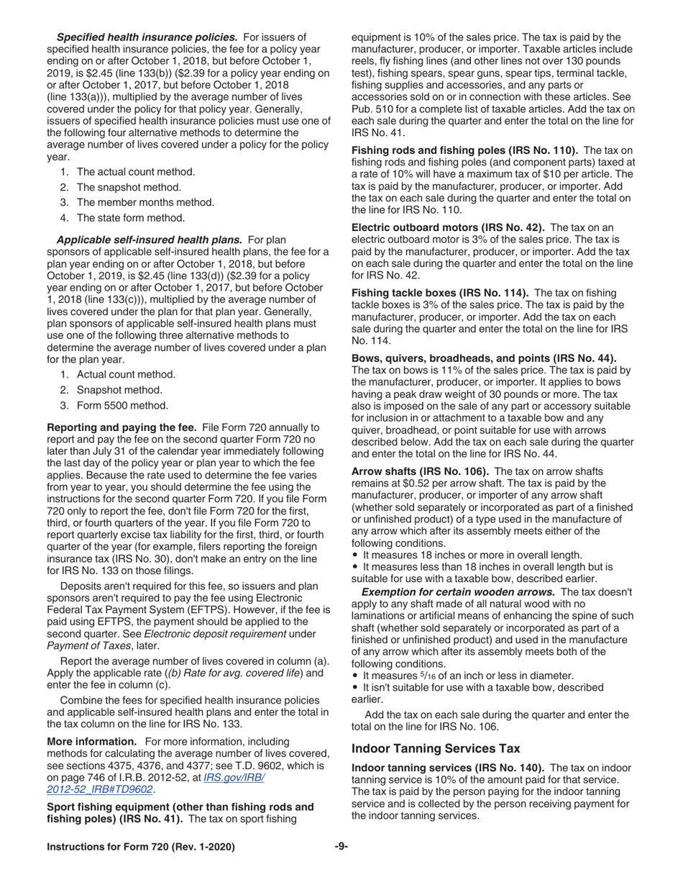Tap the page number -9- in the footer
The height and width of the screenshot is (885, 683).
[x=341, y=847]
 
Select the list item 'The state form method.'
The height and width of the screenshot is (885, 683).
[x=130, y=217]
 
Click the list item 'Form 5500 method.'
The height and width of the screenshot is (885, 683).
[x=122, y=405]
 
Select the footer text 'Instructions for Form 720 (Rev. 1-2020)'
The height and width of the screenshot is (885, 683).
[x=140, y=848]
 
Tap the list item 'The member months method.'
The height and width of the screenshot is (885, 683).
[x=135, y=202]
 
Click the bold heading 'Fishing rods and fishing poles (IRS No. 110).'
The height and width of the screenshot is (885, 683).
[x=464, y=150]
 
